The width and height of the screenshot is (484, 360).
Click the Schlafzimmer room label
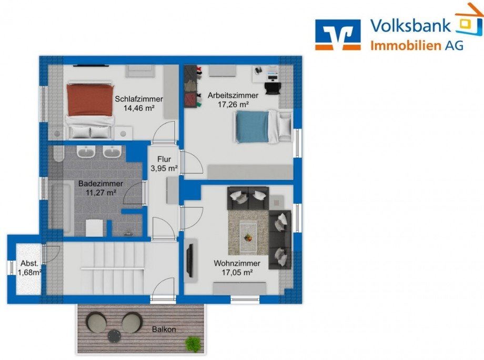pyautogui.click(x=139, y=99)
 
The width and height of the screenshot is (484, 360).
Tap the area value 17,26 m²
pyautogui.click(x=233, y=105)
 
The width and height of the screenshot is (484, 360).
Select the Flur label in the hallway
pyautogui.click(x=164, y=159)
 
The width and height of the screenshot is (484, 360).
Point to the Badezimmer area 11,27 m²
pyautogui.click(x=100, y=193)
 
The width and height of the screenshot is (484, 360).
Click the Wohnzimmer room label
pyautogui.click(x=237, y=263)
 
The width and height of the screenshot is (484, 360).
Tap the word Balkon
pyautogui.click(x=164, y=329)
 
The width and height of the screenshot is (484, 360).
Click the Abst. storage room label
pyautogui.click(x=29, y=264)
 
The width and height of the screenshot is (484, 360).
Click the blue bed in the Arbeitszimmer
pyautogui.click(x=264, y=126)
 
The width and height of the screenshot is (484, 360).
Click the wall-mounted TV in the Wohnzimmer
pyautogui.click(x=191, y=261)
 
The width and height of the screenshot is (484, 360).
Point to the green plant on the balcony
pyautogui.click(x=193, y=343)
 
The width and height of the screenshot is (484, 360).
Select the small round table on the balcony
pyautogui.click(x=115, y=336)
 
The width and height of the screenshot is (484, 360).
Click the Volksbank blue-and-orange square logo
pyautogui.click(x=338, y=35)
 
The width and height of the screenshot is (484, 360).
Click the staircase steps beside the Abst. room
pyautogui.click(x=113, y=268)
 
